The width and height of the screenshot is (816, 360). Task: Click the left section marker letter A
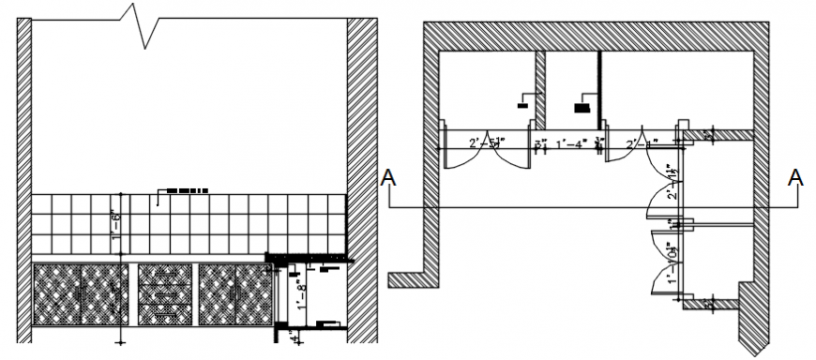point(387,178)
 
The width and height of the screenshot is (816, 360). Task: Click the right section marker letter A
point(796,177)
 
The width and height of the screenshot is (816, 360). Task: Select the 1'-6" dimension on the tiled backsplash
point(116,225)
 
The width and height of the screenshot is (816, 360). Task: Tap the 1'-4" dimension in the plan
point(571,144)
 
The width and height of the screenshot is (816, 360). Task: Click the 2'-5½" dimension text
point(487,144)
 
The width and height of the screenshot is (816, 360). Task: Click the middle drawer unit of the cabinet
point(165,293)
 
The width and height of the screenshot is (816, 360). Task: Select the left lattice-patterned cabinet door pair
point(81,293)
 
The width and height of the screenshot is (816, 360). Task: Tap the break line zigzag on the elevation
point(143,28)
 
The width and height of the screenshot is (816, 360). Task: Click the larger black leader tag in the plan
point(583,107)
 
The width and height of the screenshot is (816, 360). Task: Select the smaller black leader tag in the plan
point(522,105)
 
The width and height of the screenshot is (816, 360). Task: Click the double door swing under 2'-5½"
point(487,159)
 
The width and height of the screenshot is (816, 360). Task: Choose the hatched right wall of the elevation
point(362,178)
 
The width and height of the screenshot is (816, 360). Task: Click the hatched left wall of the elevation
point(23,178)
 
